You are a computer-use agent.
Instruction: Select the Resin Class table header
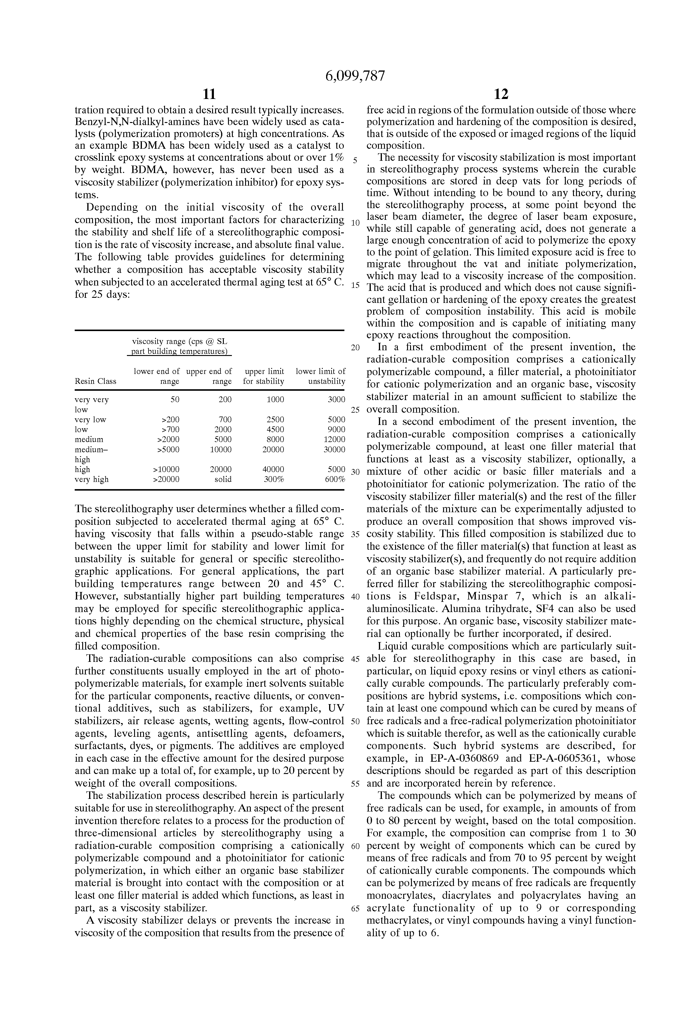(x=95, y=381)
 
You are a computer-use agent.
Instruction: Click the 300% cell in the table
(x=274, y=479)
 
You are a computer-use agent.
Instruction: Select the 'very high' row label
(x=91, y=479)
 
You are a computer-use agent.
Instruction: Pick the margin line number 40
(x=355, y=597)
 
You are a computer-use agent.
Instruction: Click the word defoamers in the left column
(x=320, y=734)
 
